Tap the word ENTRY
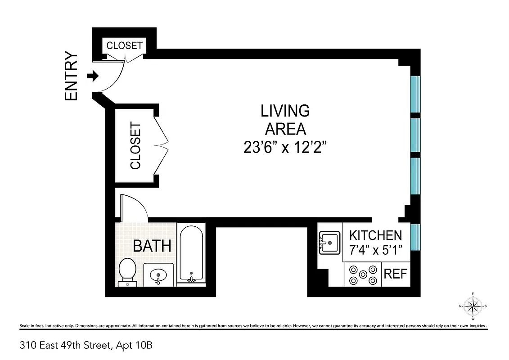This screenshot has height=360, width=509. (72, 76)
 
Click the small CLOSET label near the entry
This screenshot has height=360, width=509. (124, 45)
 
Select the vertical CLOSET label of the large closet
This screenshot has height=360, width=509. (135, 146)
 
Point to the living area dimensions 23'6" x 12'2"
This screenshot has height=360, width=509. (285, 148)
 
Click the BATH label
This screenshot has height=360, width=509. (152, 246)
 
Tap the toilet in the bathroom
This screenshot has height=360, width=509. (127, 271)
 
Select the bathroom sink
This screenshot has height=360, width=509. (158, 274)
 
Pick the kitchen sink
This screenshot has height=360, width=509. (329, 243)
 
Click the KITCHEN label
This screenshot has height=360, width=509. (376, 235)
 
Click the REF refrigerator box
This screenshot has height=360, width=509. (396, 274)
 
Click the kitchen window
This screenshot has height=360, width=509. (415, 238)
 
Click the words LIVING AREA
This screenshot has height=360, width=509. (285, 119)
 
